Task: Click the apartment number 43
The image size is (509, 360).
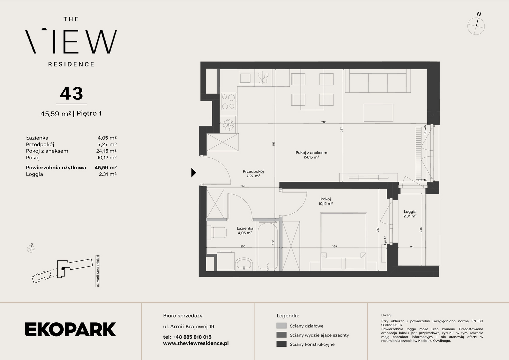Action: [71, 93]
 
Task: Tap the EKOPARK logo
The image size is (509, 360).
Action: [70, 329]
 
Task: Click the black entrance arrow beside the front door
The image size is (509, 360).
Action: [194, 173]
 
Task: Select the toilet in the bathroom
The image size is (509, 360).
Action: [217, 233]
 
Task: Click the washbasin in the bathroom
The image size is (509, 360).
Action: [244, 264]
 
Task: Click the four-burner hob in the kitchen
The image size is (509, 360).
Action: [229, 101]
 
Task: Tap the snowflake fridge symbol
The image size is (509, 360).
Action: [229, 125]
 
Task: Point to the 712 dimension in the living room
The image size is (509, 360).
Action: [323, 122]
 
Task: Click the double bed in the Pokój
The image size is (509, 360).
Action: [343, 241]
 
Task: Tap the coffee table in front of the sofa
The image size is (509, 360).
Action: [378, 113]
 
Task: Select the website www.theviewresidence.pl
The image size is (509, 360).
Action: [196, 343]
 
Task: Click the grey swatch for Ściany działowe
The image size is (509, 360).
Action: [281, 326]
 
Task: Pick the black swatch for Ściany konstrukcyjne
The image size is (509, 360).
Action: [281, 344]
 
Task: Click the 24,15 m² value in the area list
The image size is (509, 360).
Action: [106, 151]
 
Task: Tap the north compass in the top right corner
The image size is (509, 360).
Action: [476, 25]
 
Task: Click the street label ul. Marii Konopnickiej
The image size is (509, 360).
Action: [98, 271]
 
